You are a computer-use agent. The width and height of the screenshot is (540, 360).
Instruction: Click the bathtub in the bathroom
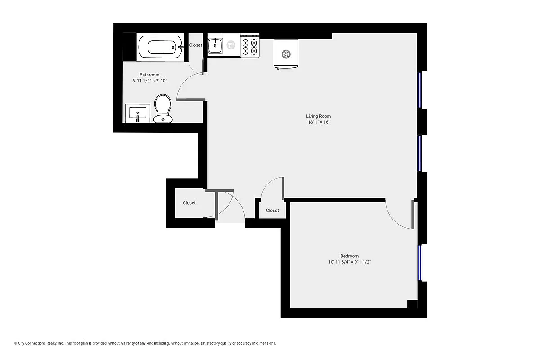160,47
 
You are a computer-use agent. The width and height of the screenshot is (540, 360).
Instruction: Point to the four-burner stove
250,46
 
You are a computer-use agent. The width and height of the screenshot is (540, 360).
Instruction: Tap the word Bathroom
149,75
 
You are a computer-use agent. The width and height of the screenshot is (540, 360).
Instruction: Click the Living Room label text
318,116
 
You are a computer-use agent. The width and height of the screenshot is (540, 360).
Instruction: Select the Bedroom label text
349,256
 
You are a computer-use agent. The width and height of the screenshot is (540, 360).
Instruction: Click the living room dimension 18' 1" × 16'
318,122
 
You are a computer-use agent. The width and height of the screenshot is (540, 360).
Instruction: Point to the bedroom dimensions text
349,262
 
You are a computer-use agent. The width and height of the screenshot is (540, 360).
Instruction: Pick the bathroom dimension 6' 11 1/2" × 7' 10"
149,81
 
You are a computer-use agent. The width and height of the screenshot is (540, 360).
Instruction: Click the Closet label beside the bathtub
195,45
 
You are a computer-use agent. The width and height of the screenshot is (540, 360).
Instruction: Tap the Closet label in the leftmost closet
189,203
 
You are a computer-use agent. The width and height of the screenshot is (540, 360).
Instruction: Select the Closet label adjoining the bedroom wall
272,211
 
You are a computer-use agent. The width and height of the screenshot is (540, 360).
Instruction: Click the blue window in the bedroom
420,263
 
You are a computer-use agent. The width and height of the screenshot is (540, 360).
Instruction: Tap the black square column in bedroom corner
412,304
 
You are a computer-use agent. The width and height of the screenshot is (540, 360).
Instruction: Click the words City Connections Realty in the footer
38,343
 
